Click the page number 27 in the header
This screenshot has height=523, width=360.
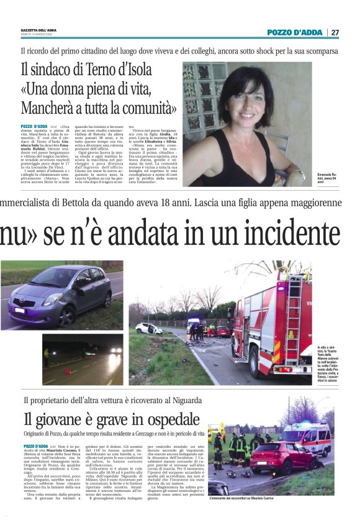335,32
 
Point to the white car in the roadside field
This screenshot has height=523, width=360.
149,328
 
